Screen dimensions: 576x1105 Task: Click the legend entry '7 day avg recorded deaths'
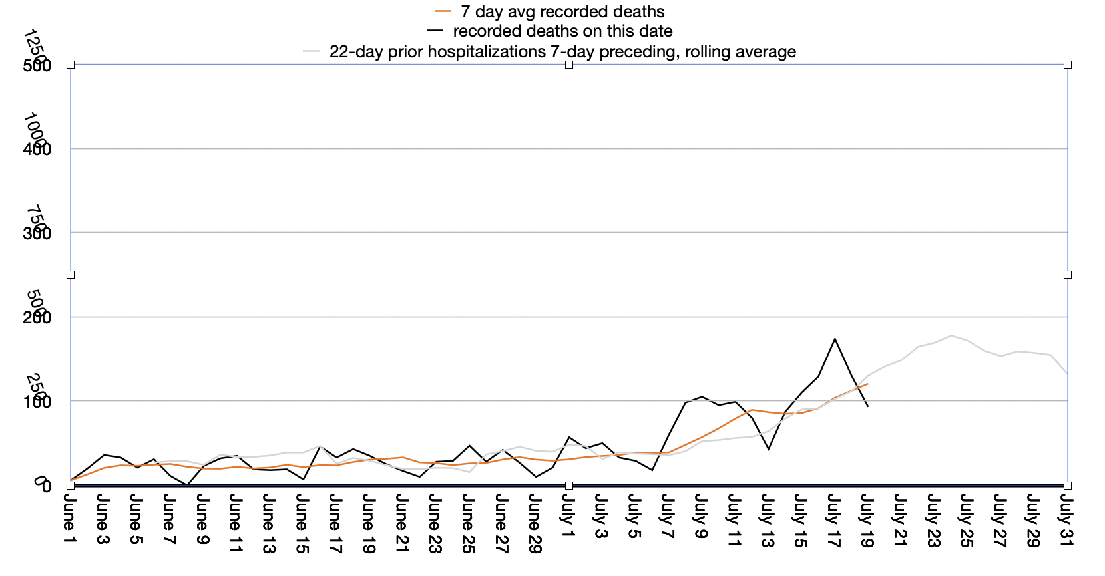pyautogui.click(x=562, y=12)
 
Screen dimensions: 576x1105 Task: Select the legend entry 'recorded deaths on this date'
pyautogui.click(x=562, y=31)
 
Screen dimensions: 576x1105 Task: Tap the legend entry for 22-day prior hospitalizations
pyautogui.click(x=562, y=52)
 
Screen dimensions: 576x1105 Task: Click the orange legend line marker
pyautogui.click(x=443, y=12)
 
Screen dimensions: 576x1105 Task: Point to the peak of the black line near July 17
pyautogui.click(x=835, y=339)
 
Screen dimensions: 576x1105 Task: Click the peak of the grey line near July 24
pyautogui.click(x=951, y=335)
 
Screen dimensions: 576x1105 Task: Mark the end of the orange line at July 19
pyautogui.click(x=867, y=384)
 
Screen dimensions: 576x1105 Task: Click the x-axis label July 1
pyautogui.click(x=568, y=515)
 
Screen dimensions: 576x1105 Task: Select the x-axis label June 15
pyautogui.click(x=302, y=523)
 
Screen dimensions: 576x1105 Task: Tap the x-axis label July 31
pyautogui.click(x=1066, y=519)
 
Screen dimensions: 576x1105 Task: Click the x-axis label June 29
pyautogui.click(x=535, y=523)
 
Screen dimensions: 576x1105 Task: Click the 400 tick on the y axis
pyautogui.click(x=37, y=149)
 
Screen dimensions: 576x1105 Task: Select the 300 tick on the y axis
pyautogui.click(x=37, y=233)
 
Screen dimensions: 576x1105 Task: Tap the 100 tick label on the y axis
pyautogui.click(x=37, y=402)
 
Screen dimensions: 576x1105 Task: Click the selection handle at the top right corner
pyautogui.click(x=1068, y=65)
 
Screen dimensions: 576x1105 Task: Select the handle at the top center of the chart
pyautogui.click(x=569, y=65)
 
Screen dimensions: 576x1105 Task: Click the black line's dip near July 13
pyautogui.click(x=768, y=449)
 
